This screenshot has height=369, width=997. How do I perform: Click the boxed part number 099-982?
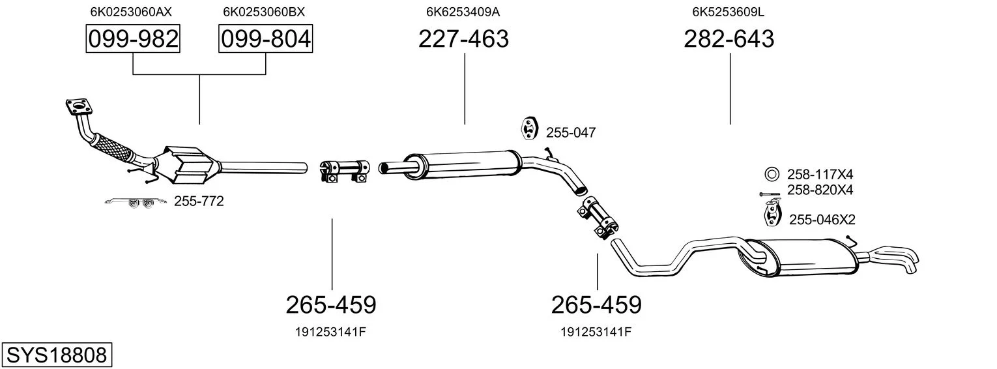tap(133, 38)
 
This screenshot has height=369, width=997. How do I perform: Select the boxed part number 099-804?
tap(265, 38)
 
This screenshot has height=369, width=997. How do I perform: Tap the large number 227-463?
tap(463, 38)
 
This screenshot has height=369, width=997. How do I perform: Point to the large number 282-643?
tap(729, 38)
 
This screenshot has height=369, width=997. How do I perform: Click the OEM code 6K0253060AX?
tap(131, 12)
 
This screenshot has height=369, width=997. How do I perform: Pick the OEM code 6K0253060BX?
tap(264, 12)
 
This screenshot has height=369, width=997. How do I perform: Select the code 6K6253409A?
tap(463, 12)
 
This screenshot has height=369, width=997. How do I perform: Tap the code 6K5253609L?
tap(728, 12)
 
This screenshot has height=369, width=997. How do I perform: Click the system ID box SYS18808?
tap(57, 355)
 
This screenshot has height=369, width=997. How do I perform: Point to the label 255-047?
tap(571, 132)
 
